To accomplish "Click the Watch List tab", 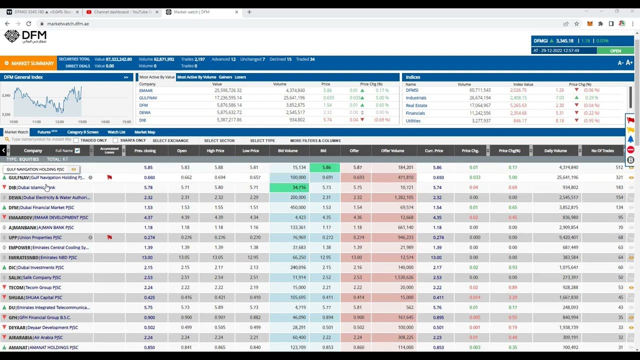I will pos(116,132).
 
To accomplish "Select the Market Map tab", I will pos(144,132).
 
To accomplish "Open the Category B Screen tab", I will pos(82,132).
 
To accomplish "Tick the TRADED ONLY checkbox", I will pos(76,140).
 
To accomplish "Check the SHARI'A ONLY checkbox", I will pos(115,140).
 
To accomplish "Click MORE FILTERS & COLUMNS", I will pos(315,140).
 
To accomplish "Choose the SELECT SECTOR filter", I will pos(219,140).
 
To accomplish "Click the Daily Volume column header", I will pos(555,150).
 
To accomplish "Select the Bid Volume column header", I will pos(287,150).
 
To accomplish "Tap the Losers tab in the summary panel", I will pos(240,77).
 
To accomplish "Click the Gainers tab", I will pos(225,77).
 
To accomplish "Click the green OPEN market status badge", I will pos(615,50).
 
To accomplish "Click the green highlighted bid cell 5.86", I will pos(324,167).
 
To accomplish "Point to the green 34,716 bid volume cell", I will pos(289,187).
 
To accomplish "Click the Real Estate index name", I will pos(416,105).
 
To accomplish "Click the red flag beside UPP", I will pos(109,237).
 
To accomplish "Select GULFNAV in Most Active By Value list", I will pos(148,98).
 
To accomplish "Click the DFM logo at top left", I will pos(25,36).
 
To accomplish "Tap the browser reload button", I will pos(28,23).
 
